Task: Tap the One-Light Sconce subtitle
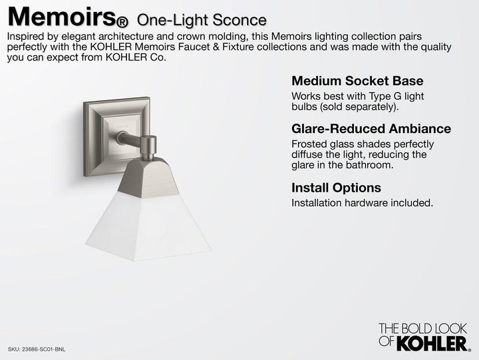pos(201,20)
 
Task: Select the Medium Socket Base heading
pos(357,81)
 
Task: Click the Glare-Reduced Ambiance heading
pos(371,128)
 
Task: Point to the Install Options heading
pos(336,188)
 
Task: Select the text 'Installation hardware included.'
pos(362,202)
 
